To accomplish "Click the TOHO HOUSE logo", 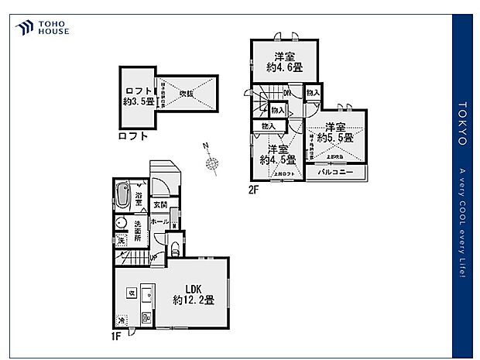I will coord(42,29).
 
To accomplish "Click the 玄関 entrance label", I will coord(160,204).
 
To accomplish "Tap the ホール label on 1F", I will coord(160,221).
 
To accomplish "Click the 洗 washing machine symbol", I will coord(122,242).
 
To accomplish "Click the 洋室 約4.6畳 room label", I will coord(279,61).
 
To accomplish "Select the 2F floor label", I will coord(253,188).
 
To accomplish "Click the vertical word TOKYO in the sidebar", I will coord(462,123).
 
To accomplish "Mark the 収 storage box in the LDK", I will coord(132,293).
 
